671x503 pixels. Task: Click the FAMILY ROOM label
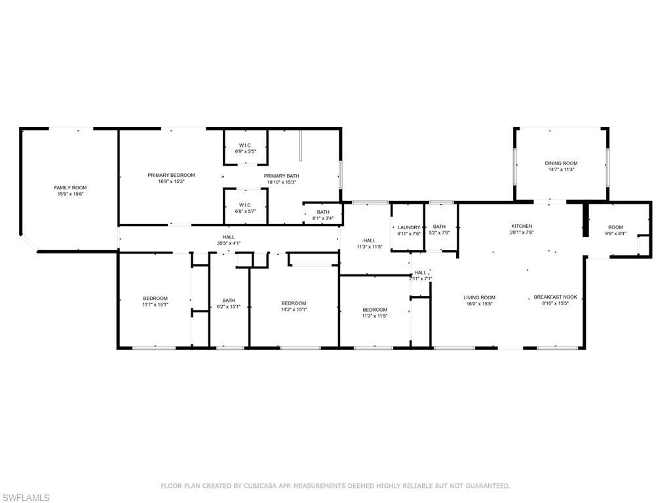[70, 187]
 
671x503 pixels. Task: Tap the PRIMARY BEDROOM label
[171, 175]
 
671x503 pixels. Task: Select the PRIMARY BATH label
[281, 176]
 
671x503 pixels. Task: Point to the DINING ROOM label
[561, 163]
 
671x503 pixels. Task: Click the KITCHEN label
[522, 226]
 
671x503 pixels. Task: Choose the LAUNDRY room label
[409, 227]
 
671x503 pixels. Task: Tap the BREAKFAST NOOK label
[555, 297]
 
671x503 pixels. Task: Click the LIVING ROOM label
[480, 297]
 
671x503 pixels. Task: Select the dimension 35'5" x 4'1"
[228, 244]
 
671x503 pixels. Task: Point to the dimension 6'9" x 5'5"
[246, 151]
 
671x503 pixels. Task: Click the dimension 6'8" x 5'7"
[246, 211]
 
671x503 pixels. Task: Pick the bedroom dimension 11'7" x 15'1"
[155, 305]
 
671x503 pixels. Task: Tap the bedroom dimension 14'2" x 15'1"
[294, 309]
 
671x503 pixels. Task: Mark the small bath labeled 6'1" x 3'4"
[323, 218]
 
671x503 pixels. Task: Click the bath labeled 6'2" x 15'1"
[229, 307]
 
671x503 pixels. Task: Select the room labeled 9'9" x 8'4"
[615, 234]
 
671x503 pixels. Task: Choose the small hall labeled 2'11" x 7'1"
[420, 278]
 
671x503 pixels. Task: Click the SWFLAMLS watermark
[26, 498]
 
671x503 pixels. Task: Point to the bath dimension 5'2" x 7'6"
[439, 233]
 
